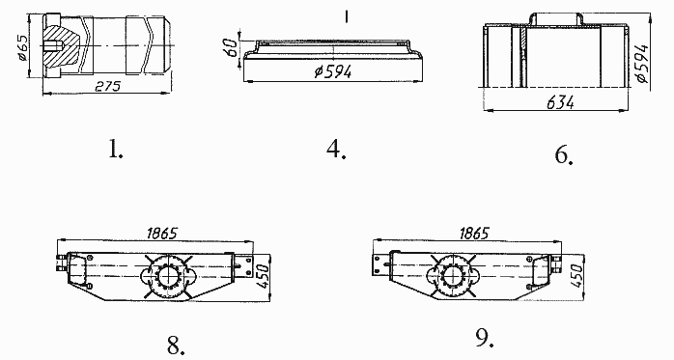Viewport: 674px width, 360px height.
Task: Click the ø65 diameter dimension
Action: click(23, 47)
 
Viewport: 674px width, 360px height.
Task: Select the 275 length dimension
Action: click(107, 86)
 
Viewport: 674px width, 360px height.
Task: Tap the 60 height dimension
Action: click(231, 47)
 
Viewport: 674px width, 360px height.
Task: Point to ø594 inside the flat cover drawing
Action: click(333, 71)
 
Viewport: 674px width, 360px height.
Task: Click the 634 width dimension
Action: click(560, 102)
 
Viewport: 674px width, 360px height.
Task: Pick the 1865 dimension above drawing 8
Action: click(161, 234)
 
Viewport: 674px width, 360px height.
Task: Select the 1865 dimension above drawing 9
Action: click(474, 234)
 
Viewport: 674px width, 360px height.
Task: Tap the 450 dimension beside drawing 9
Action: click(577, 276)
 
